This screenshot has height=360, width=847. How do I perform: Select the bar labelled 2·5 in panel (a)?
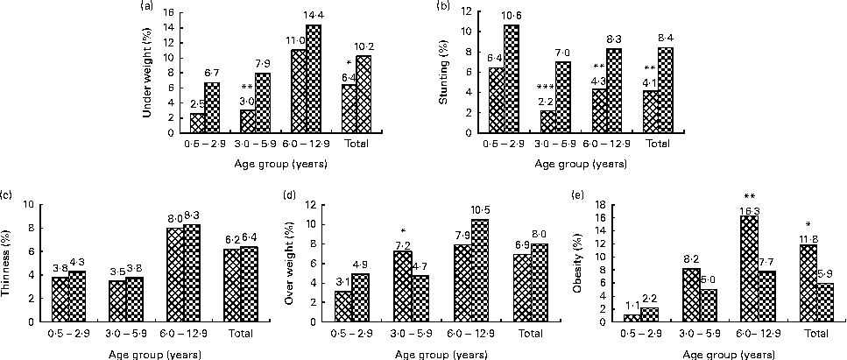pyautogui.click(x=198, y=123)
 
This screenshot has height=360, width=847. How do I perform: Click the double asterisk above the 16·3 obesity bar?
pyautogui.click(x=750, y=198)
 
